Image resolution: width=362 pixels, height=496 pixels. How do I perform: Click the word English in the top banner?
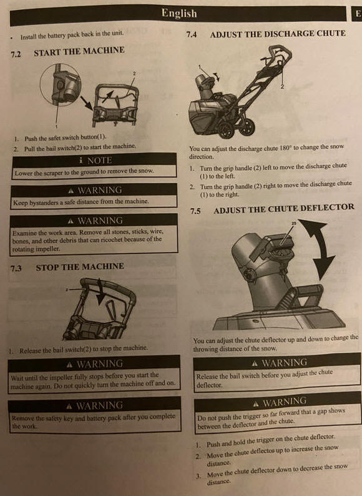179,13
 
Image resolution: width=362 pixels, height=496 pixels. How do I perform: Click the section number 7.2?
16,54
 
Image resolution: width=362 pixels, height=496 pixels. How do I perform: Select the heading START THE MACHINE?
79,51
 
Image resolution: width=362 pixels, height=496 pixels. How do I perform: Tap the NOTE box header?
94,161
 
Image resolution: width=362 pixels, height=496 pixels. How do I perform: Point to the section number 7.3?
16,269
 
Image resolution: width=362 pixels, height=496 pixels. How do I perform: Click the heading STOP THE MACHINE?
80,267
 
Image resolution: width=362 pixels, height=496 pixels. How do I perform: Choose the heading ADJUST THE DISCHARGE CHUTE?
278,34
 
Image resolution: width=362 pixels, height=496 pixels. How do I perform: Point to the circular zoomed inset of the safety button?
61,84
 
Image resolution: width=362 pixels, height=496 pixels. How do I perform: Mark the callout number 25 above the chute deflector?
294,224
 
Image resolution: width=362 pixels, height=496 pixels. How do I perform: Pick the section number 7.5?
195,211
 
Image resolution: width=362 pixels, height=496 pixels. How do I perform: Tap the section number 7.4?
191,34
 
